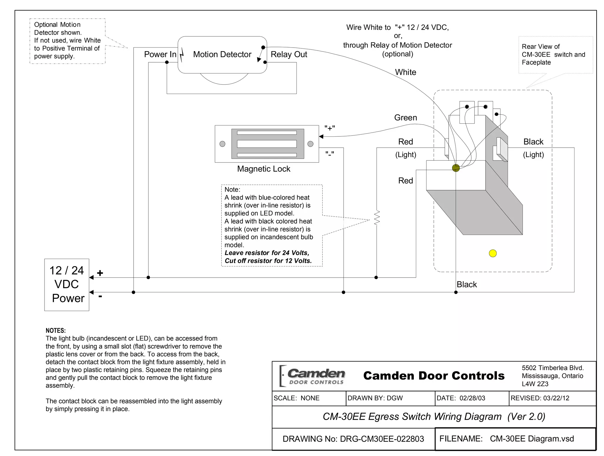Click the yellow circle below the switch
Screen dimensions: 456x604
493,253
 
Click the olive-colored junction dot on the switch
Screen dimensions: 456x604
456,168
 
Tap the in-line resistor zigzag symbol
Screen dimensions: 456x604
377,218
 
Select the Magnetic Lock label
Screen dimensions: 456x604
264,169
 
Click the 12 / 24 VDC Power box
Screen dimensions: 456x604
67,284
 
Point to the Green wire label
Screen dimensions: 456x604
406,118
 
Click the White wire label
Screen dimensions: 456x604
406,72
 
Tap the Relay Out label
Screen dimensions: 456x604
289,54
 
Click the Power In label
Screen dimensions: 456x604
160,54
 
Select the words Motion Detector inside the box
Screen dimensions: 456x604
222,54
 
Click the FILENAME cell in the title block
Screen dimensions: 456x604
515,439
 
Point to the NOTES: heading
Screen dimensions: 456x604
56,330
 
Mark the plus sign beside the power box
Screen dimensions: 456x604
100,273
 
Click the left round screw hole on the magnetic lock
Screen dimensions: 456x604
222,144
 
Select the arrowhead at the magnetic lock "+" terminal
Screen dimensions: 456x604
321,136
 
